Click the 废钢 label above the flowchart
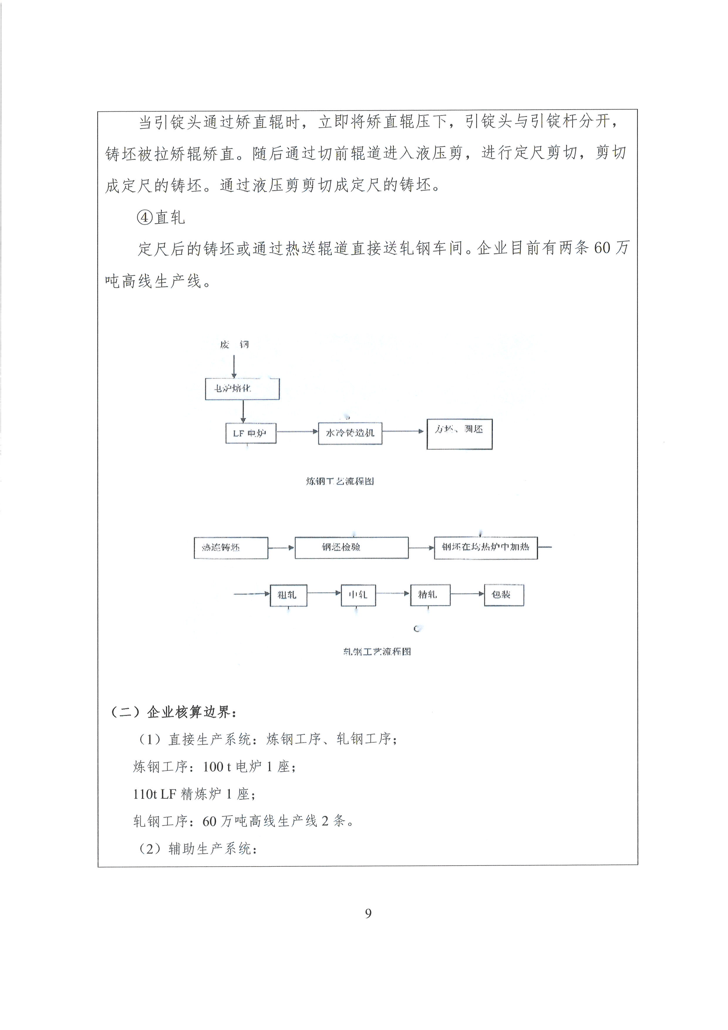coord(234,345)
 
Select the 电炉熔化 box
coord(242,389)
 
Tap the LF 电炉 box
coord(251,433)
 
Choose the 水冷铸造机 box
coord(350,433)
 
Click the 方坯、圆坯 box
coord(459,434)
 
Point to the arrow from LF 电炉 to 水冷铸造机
coord(297,431)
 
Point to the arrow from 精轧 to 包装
coord(467,594)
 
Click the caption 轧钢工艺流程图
coord(377,652)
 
